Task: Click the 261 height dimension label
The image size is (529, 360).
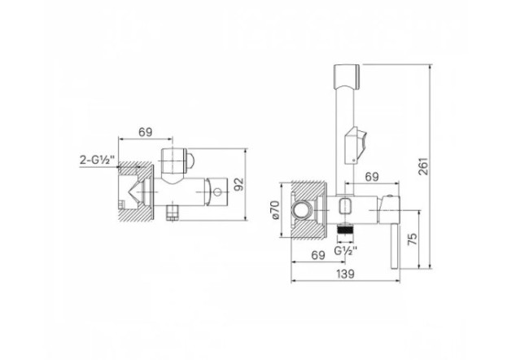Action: click(x=424, y=166)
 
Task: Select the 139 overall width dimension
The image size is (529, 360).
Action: click(x=346, y=274)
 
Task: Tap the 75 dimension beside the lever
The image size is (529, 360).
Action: click(x=413, y=239)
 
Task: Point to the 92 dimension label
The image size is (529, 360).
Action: click(x=238, y=184)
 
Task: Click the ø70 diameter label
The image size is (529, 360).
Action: click(x=275, y=209)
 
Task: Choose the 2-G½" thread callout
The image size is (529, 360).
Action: click(x=98, y=159)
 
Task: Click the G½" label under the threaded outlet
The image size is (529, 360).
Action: click(x=346, y=251)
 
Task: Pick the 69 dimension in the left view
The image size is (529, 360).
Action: click(x=146, y=132)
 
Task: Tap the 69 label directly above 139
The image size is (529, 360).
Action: click(x=317, y=255)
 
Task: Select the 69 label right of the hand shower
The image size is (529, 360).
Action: click(x=372, y=176)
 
